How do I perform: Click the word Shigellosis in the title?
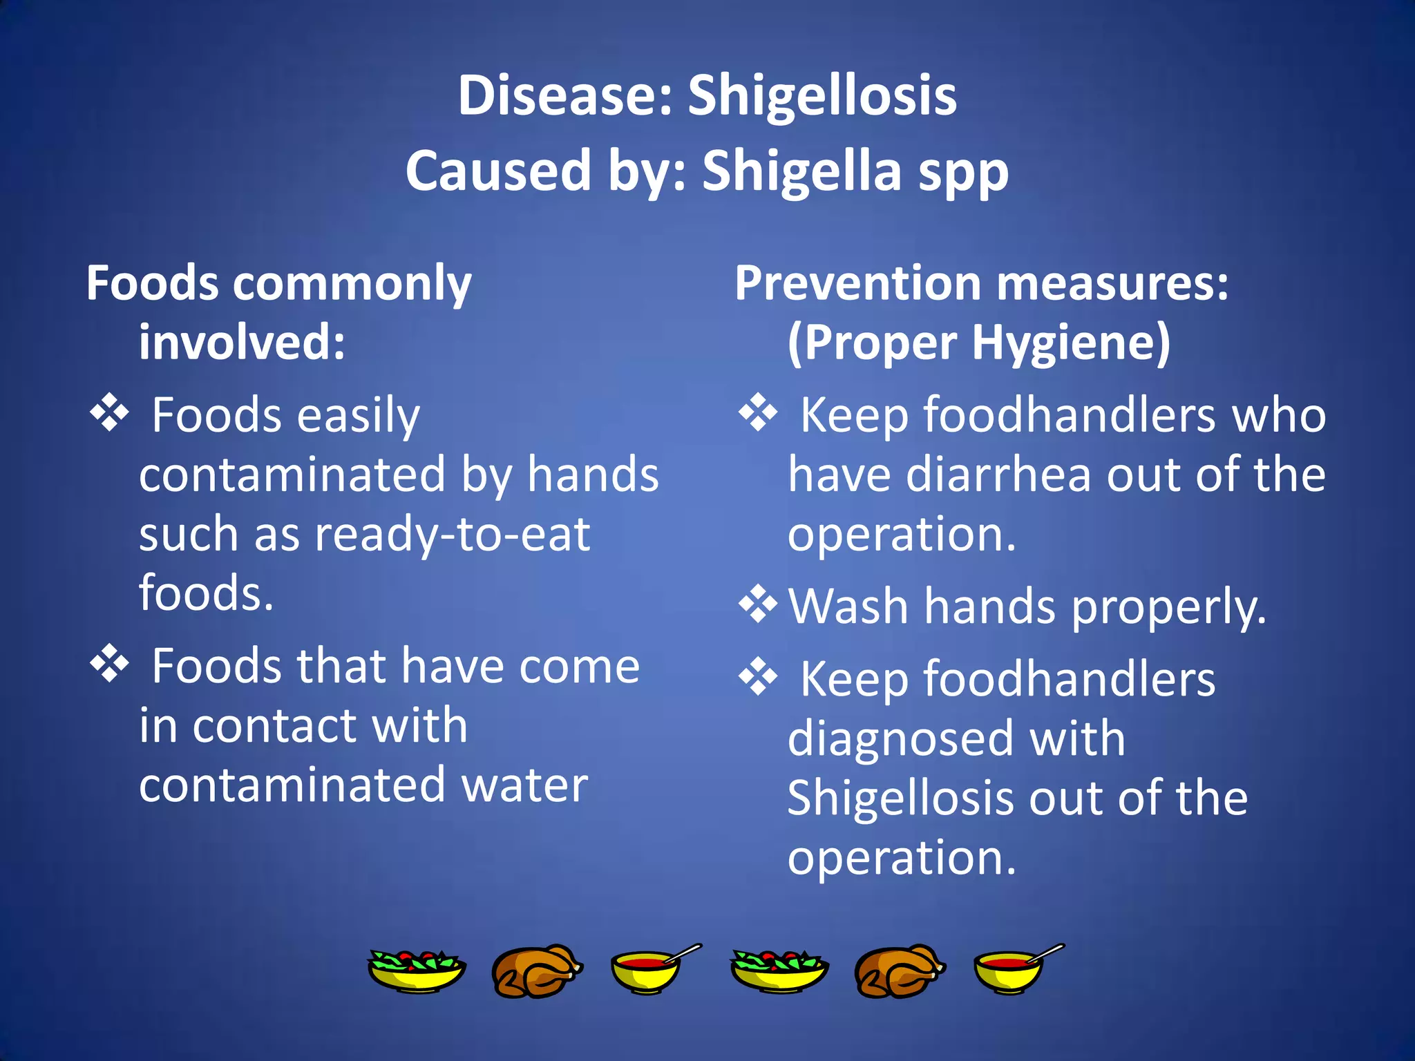pos(822,96)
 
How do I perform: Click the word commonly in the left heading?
pos(352,285)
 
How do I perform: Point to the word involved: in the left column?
pos(242,343)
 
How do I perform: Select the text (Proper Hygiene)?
pos(979,343)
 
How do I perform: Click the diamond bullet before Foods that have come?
pos(110,664)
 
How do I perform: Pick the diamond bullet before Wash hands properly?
pos(758,604)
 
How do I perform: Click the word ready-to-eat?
pos(453,535)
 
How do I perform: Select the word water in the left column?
pos(525,785)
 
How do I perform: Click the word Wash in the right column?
pos(848,606)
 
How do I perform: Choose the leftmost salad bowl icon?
pos(416,971)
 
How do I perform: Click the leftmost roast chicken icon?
pos(536,971)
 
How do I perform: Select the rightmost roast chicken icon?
pos(899,971)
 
